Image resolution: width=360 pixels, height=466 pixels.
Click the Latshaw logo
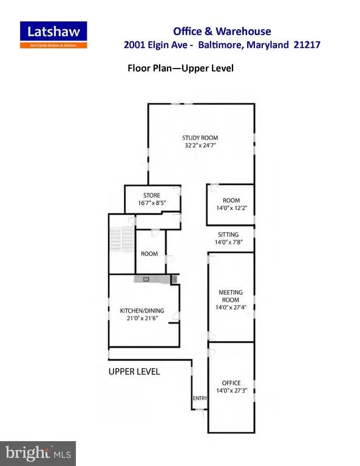tap(53, 35)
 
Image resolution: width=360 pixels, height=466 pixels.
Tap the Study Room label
tap(200, 138)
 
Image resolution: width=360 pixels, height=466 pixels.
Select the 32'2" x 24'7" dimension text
tap(200, 146)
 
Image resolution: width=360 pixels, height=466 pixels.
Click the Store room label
tap(152, 195)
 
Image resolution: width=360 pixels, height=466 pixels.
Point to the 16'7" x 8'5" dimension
tap(152, 203)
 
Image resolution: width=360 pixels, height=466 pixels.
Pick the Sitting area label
tap(228, 234)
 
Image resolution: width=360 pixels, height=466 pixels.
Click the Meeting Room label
tap(231, 296)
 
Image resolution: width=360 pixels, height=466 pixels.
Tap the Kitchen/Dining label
tap(142, 311)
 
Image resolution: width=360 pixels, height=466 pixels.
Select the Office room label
tap(231, 383)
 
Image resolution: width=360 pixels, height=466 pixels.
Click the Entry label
tap(200, 398)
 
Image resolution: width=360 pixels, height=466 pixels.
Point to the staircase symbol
tap(122, 239)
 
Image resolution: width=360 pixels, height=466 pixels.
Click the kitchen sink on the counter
tap(146, 279)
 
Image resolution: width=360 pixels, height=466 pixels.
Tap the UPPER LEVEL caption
tap(134, 371)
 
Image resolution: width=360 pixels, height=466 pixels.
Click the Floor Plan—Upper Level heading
tap(180, 68)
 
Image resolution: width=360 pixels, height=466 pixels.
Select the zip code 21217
tap(307, 44)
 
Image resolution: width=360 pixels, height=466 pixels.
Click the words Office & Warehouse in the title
tap(222, 31)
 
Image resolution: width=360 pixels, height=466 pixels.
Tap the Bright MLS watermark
tap(38, 453)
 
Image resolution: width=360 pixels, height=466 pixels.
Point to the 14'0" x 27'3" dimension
tap(231, 391)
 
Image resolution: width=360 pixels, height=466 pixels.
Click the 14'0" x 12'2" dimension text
tap(231, 208)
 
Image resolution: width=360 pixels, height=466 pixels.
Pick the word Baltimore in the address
tap(220, 44)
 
